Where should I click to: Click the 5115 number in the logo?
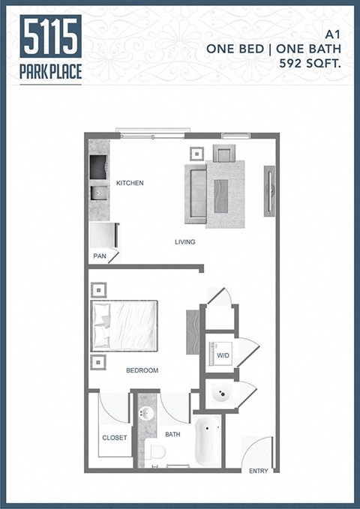[51, 36]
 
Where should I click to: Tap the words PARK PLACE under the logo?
[51, 72]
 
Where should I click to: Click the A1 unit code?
[334, 34]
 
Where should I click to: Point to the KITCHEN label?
[130, 183]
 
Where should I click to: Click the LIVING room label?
[185, 242]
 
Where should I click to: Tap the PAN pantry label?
[100, 256]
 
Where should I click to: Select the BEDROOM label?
[142, 370]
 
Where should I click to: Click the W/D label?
[223, 355]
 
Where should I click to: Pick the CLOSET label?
[115, 438]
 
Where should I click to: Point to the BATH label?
[173, 434]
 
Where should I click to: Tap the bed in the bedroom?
[124, 325]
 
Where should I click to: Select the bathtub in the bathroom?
[208, 443]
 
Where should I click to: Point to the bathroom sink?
[145, 414]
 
